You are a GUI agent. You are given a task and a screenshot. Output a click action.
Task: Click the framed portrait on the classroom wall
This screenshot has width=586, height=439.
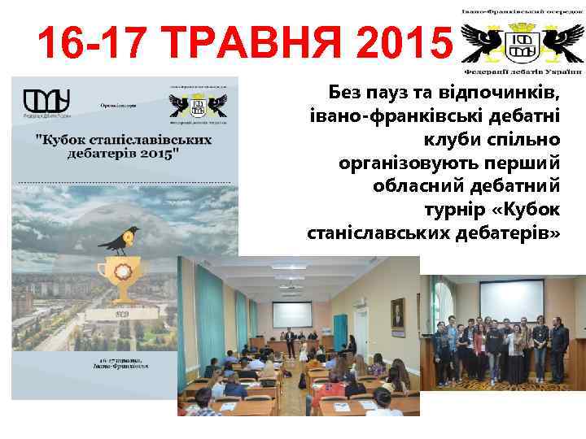tap(397, 315)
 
